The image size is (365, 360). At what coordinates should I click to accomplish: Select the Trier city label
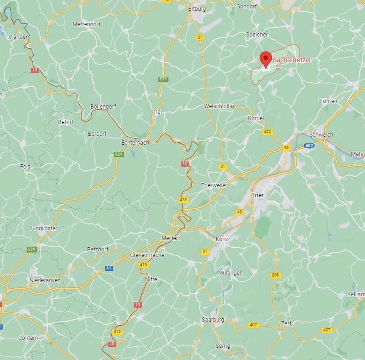pyautogui.click(x=257, y=195)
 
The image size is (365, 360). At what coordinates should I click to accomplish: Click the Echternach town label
pyautogui.click(x=135, y=142)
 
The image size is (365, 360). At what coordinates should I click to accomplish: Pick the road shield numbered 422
pyautogui.click(x=267, y=132)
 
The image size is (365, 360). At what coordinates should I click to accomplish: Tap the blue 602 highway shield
pyautogui.click(x=309, y=146)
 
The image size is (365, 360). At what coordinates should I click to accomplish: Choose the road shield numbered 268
pyautogui.click(x=275, y=275)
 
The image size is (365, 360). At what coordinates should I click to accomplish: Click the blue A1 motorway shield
pyautogui.click(x=109, y=268)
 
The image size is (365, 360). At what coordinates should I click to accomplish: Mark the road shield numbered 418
pyautogui.click(x=183, y=200)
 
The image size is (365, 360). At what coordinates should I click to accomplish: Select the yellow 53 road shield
pyautogui.click(x=286, y=148)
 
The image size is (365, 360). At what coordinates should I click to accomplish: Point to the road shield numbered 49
pyautogui.click(x=240, y=212)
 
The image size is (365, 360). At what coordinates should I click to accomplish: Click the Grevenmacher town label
pyautogui.click(x=148, y=255)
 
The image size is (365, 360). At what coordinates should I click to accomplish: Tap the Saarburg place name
pyautogui.click(x=213, y=320)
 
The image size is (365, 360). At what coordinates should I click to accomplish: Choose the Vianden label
pyautogui.click(x=19, y=37)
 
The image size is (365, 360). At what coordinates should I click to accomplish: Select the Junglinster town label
pyautogui.click(x=43, y=228)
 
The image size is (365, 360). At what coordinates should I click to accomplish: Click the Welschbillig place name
pyautogui.click(x=219, y=106)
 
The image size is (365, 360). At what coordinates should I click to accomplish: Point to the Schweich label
pyautogui.click(x=321, y=134)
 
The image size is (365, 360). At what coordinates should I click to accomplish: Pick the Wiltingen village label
pyautogui.click(x=231, y=273)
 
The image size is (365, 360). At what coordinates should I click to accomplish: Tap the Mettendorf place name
pyautogui.click(x=87, y=24)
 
